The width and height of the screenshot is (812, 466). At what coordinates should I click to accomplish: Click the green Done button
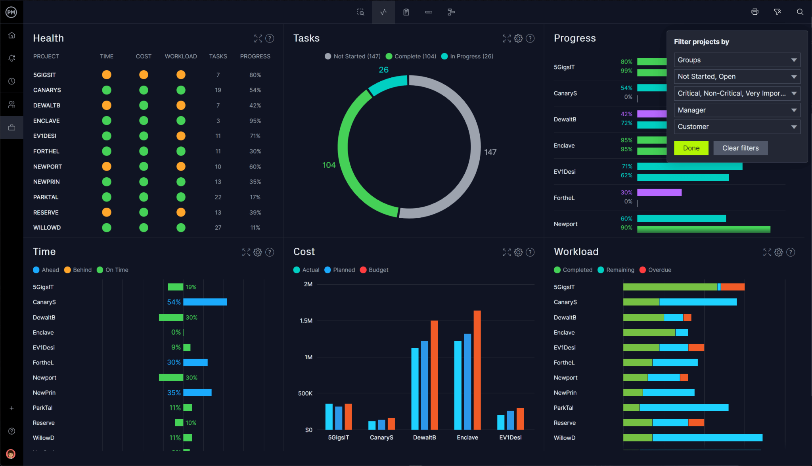coord(691,148)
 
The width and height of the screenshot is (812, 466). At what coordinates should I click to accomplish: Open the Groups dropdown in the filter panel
coord(737,60)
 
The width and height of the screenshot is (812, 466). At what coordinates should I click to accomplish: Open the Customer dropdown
coord(737,127)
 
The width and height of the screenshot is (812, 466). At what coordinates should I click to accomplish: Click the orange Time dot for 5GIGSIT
coord(107,75)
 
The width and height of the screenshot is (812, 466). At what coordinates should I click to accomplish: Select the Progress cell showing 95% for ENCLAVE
coord(255,121)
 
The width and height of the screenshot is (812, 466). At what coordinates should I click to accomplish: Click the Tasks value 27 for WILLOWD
coord(218,227)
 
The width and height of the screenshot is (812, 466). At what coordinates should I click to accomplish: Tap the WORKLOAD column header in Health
coord(181,56)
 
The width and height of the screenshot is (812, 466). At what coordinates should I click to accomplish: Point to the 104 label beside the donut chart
coord(329,165)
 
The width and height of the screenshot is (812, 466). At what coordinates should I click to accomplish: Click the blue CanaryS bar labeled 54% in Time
coord(205,302)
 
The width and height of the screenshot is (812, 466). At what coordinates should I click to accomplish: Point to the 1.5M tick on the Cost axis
coord(306,320)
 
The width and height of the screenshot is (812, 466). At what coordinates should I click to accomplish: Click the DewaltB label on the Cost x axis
coord(424,437)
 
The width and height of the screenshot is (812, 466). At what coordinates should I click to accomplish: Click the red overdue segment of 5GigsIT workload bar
coord(732,287)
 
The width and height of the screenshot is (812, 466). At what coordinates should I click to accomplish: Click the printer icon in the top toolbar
coord(755,12)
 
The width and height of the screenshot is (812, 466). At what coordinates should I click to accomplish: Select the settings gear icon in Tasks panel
coord(518,38)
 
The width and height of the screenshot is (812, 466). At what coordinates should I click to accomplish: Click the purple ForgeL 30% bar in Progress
coord(659,192)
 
